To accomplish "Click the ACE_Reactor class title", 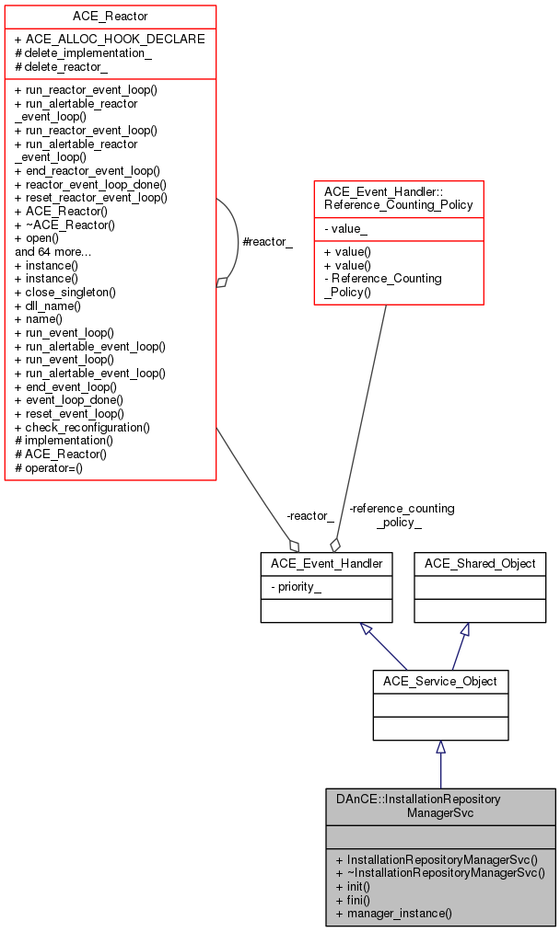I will coord(110,17).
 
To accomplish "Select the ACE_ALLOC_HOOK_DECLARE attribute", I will coord(110,40).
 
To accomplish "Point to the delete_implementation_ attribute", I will coord(83,53).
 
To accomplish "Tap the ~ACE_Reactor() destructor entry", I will coord(64,224).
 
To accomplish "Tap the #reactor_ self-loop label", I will coord(266,241).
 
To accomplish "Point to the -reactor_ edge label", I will coord(310,515).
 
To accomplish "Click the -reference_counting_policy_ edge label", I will coord(402,514).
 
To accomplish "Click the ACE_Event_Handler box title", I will coord(326,563).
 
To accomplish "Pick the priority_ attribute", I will coord(296,587).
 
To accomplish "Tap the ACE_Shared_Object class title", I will coord(480,563).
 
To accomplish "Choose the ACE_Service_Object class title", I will coord(440,682).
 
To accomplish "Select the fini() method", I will coord(353,899).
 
